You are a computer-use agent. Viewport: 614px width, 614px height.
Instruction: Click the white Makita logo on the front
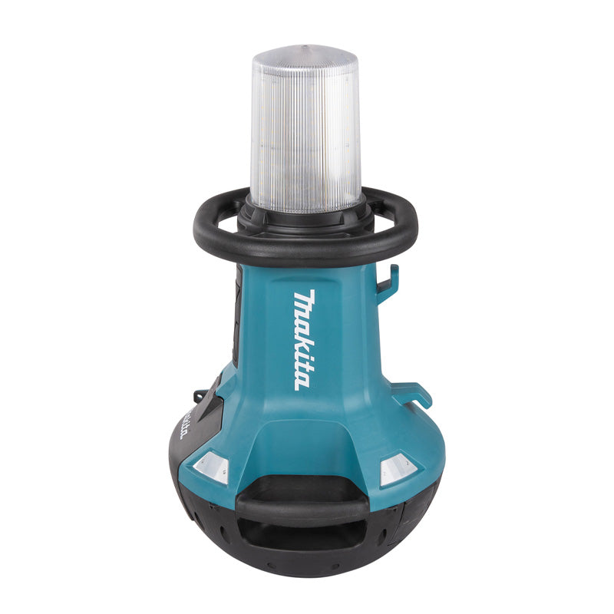pos(303,339)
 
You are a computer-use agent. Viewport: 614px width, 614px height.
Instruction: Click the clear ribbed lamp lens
pos(306,138)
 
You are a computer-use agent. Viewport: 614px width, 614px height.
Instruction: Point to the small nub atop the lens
pos(306,47)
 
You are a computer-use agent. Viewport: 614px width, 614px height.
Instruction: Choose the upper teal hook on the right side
pos(389,279)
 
